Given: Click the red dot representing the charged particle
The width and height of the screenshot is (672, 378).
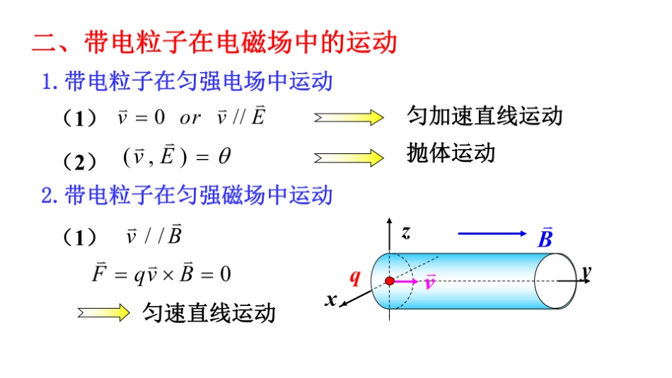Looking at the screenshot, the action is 390,281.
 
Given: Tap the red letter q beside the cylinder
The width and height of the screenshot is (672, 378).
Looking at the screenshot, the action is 356,278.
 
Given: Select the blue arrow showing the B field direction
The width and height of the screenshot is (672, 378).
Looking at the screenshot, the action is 493,233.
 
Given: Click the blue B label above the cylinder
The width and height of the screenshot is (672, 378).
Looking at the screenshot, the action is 545,238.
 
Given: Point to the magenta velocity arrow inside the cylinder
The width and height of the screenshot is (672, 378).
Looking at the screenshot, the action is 406,281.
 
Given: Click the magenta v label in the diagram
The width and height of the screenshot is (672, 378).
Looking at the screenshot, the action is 430,283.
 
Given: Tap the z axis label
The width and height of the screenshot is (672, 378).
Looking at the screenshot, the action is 405,232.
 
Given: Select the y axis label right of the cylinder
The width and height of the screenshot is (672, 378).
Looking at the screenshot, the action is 586,271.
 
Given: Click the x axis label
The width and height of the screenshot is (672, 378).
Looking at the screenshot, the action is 331,300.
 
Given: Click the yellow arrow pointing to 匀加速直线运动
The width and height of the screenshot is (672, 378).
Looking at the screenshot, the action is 349,117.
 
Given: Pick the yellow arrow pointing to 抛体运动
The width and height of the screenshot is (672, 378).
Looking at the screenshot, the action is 349,158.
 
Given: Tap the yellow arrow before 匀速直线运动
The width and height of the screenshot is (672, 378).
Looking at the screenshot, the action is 104,312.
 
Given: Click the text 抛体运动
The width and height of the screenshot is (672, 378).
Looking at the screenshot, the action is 451,153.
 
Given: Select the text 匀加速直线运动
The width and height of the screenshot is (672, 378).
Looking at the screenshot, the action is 485,115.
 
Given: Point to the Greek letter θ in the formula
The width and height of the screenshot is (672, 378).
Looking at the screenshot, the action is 224,157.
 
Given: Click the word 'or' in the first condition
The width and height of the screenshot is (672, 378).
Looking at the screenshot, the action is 190,118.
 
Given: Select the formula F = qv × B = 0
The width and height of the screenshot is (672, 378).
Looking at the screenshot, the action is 161,273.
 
